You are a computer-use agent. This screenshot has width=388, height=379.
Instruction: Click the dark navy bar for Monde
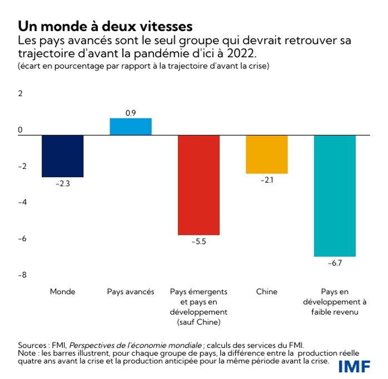click(63, 156)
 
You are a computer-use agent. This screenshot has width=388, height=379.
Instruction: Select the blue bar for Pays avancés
click(131, 127)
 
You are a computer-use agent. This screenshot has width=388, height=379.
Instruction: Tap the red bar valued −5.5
click(198, 185)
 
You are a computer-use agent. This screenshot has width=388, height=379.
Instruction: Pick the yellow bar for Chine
click(267, 154)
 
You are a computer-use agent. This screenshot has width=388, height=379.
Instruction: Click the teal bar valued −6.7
click(335, 196)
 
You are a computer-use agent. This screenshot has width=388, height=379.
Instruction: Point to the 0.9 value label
click(131, 113)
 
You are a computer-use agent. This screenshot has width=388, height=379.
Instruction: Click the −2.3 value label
click(62, 183)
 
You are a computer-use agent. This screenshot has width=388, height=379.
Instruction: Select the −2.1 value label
click(267, 179)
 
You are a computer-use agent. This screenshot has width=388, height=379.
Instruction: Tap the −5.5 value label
click(198, 241)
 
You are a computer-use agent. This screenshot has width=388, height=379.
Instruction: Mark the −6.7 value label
click(335, 262)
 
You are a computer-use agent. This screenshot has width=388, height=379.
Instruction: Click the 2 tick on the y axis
click(21, 93)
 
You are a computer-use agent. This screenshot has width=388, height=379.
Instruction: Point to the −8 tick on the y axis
click(22, 275)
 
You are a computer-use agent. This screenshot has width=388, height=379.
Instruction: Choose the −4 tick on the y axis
click(22, 202)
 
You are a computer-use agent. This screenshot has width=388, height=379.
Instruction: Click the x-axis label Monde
click(62, 291)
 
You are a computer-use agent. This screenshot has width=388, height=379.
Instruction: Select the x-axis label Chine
click(267, 291)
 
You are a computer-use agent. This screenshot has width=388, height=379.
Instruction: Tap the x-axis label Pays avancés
click(131, 291)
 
